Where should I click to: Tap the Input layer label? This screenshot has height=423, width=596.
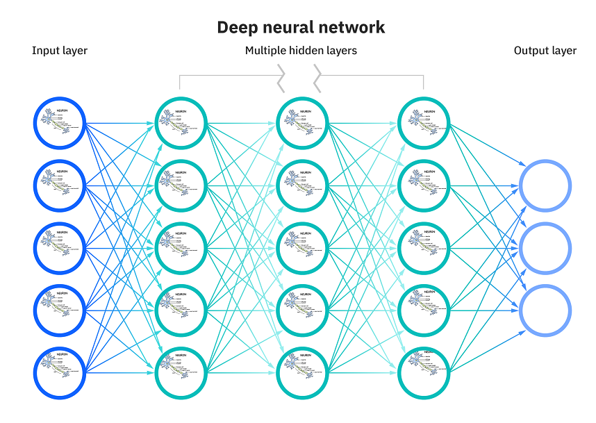(60, 51)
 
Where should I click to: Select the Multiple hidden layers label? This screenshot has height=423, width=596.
(301, 51)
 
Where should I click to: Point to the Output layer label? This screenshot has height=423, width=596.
(545, 51)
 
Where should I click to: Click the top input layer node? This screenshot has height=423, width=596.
(60, 124)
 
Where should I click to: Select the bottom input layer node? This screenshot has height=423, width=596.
(60, 372)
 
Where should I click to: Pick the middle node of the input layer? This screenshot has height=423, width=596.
(60, 248)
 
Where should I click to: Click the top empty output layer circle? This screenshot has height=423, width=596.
(545, 186)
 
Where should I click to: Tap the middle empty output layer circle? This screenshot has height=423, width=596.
(545, 248)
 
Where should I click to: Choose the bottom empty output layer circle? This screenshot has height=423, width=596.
(545, 310)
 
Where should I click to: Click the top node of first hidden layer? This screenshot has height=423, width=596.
(181, 124)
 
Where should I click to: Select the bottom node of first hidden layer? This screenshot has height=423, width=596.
(181, 372)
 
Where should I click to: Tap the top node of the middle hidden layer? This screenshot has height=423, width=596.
(302, 124)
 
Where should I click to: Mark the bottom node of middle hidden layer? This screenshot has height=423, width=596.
(302, 372)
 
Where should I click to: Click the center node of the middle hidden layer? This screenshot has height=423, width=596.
(302, 248)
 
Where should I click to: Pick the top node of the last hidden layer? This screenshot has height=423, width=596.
(424, 124)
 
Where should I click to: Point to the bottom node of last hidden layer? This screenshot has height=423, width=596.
(424, 372)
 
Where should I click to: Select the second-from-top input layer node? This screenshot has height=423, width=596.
(60, 186)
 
